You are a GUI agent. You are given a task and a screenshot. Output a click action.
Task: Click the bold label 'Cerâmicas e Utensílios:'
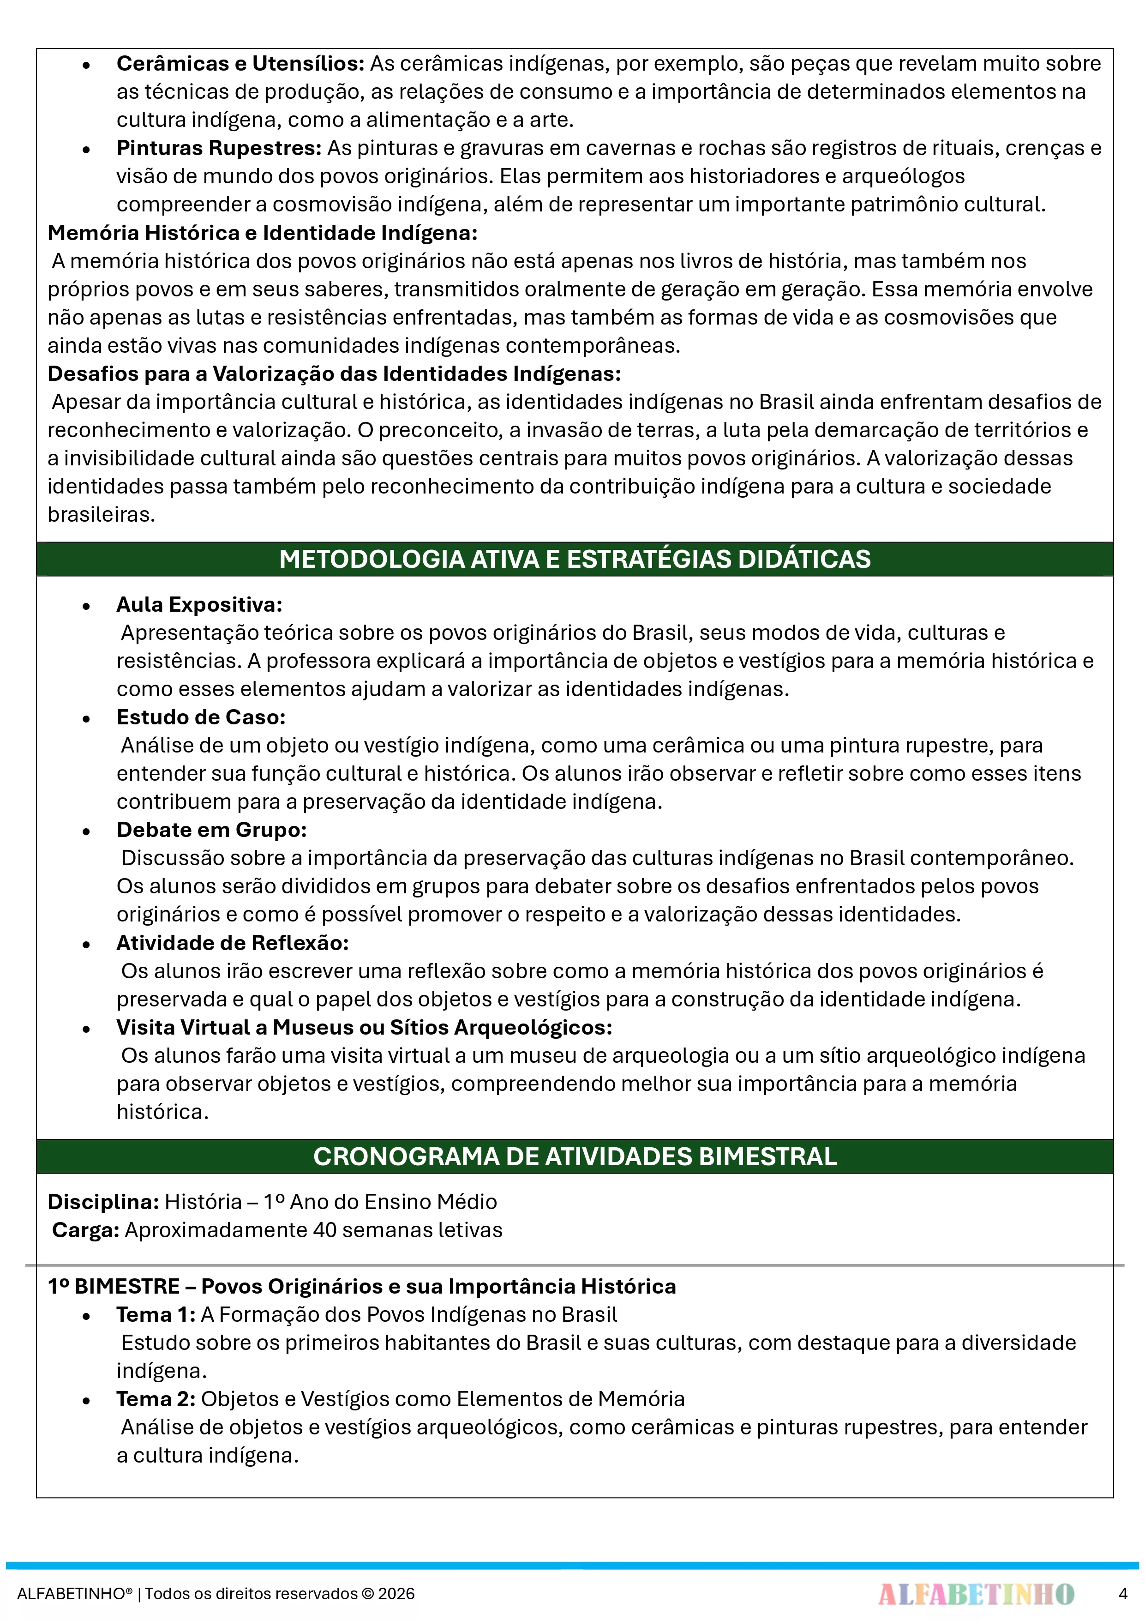click(x=240, y=64)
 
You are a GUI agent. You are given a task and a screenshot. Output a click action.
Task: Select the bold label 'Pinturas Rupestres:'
click(x=219, y=148)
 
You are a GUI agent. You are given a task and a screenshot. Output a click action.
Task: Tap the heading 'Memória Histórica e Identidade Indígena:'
click(x=263, y=233)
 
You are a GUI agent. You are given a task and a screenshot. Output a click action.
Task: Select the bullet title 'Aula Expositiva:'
click(x=199, y=605)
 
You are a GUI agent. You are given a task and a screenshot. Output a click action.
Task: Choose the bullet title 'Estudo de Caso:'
click(x=201, y=717)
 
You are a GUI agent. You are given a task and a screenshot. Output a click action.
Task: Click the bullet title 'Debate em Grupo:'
click(x=212, y=830)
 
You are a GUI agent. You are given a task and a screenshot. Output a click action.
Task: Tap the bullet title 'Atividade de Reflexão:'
click(x=232, y=943)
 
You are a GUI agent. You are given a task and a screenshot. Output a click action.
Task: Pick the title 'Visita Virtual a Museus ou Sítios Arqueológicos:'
click(x=364, y=1027)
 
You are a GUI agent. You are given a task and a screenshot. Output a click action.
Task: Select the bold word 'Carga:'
click(x=85, y=1230)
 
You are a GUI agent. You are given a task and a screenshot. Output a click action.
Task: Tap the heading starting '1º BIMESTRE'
click(x=361, y=1286)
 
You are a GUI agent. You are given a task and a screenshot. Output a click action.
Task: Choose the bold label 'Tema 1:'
click(x=155, y=1314)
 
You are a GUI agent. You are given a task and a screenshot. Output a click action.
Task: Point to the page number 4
click(x=1122, y=1593)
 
